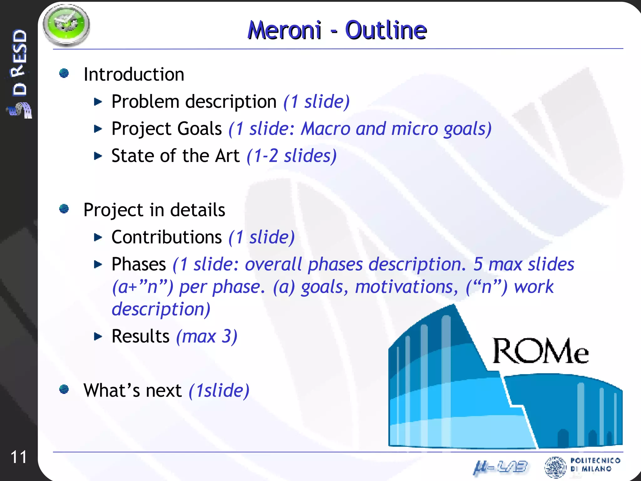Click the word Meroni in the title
point(284,30)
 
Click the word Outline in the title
point(386,30)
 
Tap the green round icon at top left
point(66,25)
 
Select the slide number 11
point(18,457)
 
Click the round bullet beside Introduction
point(64,73)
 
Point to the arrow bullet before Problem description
point(98,102)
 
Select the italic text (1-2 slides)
point(291,156)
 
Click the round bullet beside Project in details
point(64,209)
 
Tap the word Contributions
point(167,237)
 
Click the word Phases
point(139,264)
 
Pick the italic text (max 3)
point(207,337)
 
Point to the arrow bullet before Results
point(98,337)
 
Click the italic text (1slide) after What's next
point(219,391)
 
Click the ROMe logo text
point(541,351)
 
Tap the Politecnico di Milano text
point(595,464)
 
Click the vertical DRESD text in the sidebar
point(19,63)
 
